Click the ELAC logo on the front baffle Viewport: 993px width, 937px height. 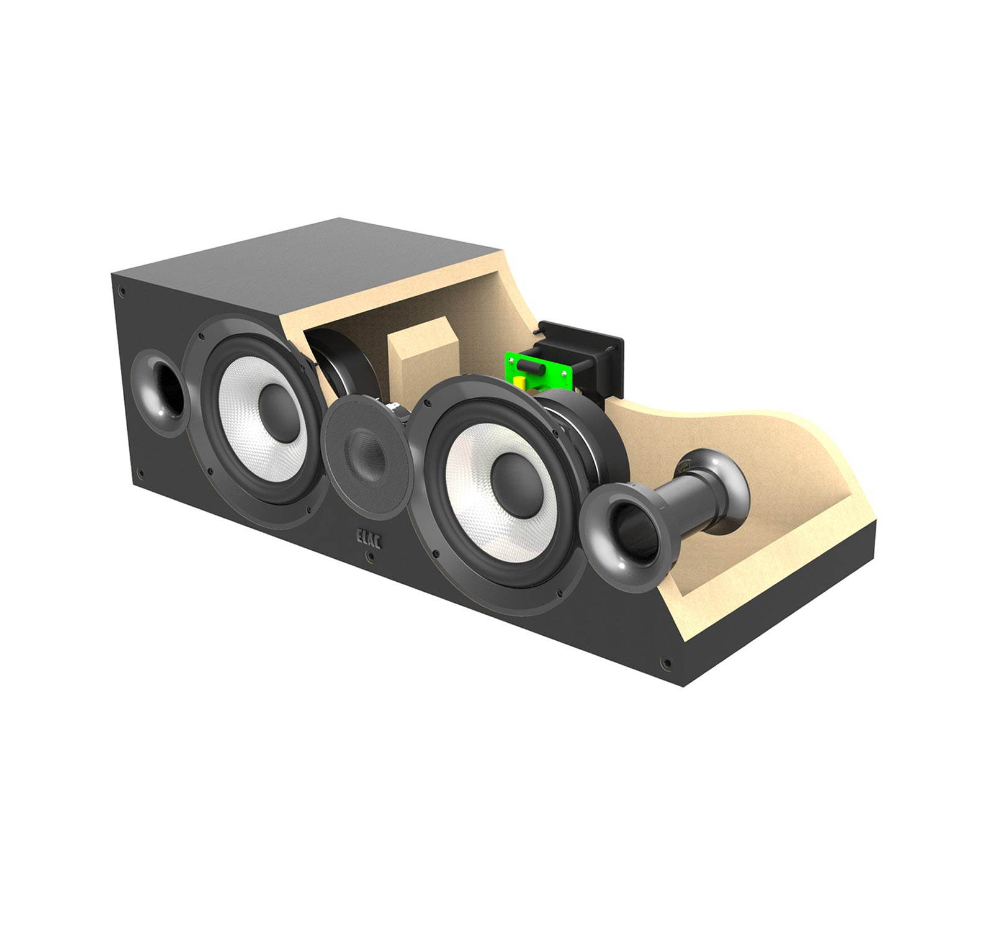(369, 538)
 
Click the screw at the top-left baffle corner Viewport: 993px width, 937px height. (123, 290)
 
